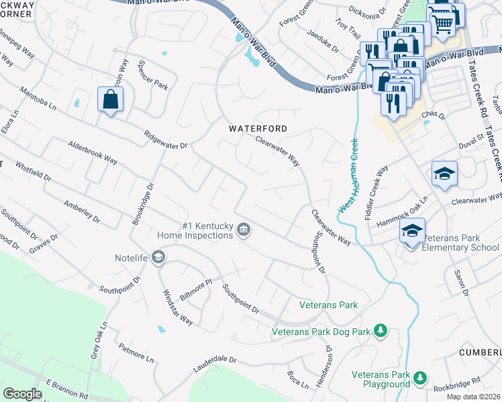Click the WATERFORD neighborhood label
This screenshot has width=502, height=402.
pyautogui.click(x=258, y=129)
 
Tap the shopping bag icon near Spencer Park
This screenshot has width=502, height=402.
pyautogui.click(x=109, y=100)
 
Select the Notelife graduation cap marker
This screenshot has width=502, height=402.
pyautogui.click(x=158, y=257)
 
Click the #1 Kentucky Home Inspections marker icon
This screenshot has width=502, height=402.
pyautogui.click(x=244, y=230)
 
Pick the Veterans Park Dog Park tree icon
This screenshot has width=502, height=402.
pyautogui.click(x=380, y=330)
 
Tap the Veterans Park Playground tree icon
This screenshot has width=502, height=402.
pyautogui.click(x=420, y=379)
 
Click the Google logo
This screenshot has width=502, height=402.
pyautogui.click(x=22, y=394)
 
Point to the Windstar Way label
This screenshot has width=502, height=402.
pyautogui.click(x=178, y=308)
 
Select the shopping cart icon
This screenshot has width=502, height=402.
pyautogui.click(x=442, y=22)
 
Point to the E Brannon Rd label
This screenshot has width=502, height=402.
pyautogui.click(x=67, y=389)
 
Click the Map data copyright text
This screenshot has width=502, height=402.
pyautogui.click(x=473, y=397)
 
